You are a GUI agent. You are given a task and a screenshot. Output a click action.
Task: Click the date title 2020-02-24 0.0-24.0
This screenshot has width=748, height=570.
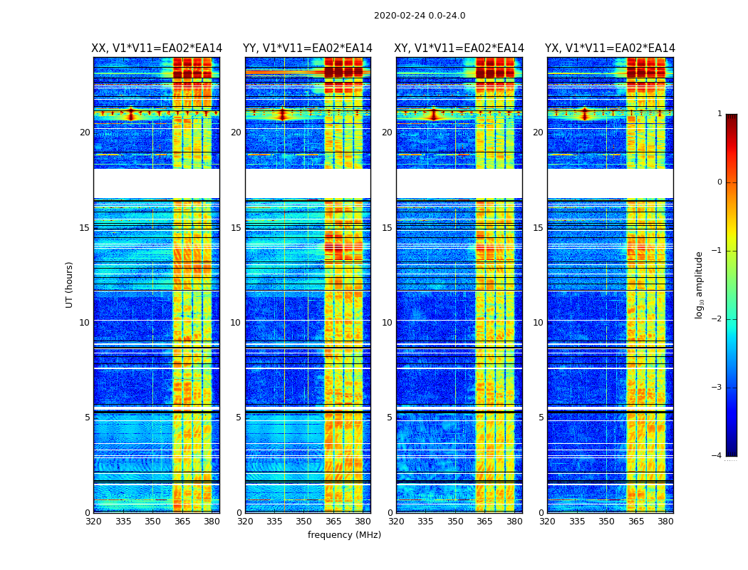pos(420,16)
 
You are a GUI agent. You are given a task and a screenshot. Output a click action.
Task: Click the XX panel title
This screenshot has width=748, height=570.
pos(157,48)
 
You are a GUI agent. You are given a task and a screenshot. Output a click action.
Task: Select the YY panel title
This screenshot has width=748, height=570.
pos(308,48)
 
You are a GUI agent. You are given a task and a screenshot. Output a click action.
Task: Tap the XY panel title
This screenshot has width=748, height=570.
pos(459,48)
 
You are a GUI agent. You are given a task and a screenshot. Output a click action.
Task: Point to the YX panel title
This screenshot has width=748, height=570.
pos(610,48)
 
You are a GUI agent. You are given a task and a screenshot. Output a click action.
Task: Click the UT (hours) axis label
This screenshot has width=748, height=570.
pos(69,284)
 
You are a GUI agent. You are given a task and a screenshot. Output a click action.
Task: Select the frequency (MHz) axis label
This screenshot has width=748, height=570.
pos(344,535)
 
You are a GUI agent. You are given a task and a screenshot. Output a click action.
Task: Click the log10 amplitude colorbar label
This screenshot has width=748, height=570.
pos(700,284)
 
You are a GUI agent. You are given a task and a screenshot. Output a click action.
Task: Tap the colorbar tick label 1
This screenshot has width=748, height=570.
pos(719,114)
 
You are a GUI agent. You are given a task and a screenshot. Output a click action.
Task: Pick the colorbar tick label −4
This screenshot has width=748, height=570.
pos(717,456)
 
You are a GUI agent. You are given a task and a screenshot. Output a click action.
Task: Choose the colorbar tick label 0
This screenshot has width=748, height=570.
pos(719,182)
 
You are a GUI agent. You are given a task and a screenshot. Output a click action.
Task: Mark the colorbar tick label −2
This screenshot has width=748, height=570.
pos(717,319)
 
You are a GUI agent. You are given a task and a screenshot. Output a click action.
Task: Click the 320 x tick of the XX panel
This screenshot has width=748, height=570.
pos(93,522)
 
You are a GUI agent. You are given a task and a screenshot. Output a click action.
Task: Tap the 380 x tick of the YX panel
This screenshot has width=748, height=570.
pos(665,522)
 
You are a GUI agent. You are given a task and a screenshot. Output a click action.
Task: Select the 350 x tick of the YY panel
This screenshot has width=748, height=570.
pos(304,522)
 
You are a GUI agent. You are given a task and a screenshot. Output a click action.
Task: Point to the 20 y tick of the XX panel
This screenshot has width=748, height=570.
pos(85,133)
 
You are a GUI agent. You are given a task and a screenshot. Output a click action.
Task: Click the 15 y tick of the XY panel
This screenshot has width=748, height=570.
pos(387,228)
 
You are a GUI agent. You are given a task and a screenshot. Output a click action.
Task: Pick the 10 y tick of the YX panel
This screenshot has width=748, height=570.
pos(538,323)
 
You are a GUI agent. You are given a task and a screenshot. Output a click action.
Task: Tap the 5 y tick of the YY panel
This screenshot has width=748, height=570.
pos(238,418)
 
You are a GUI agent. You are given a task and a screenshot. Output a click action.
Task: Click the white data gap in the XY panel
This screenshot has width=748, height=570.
pos(459,183)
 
